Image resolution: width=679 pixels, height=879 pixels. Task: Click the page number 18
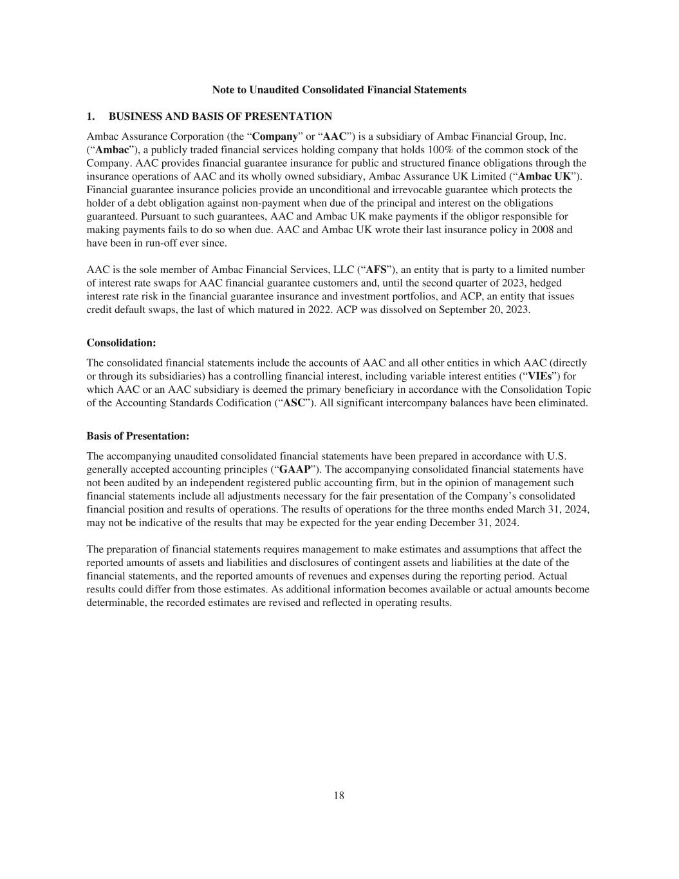coord(339,795)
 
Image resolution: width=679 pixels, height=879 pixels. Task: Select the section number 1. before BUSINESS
coord(91,117)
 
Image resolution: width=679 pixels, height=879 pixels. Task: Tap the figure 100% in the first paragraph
coord(440,150)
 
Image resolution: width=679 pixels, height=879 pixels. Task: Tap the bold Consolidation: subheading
coord(121,343)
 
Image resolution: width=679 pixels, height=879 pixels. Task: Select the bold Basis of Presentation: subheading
coord(138,437)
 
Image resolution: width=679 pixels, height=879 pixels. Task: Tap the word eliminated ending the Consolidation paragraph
coord(563,403)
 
